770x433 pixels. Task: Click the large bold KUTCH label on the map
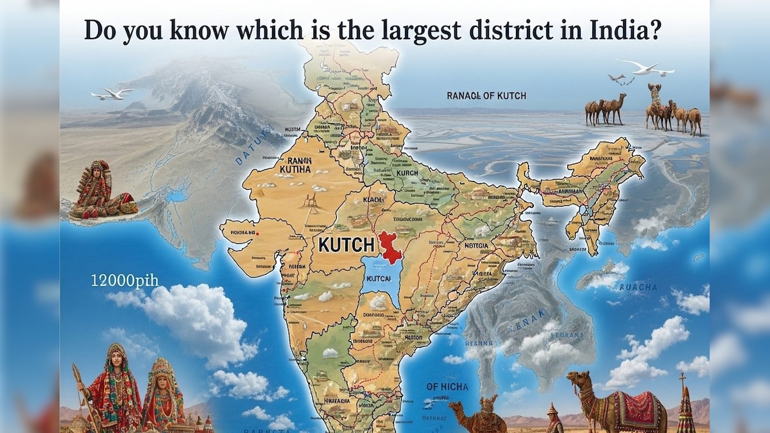click(346, 244)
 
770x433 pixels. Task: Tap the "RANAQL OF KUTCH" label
click(486, 96)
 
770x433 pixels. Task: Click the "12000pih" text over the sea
click(124, 280)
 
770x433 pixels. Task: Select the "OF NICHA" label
click(447, 387)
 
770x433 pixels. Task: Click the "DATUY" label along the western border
click(248, 151)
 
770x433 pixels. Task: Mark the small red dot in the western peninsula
click(257, 233)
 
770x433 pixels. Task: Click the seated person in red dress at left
click(101, 191)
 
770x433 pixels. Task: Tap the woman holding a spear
click(116, 385)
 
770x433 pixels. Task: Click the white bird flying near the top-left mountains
click(114, 94)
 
